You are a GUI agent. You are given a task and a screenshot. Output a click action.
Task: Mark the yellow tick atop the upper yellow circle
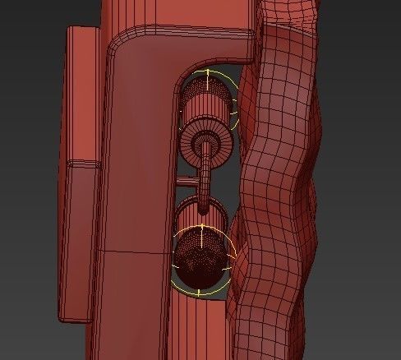(x=208, y=72)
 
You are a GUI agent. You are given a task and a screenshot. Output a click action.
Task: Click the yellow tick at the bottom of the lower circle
(x=199, y=293)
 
